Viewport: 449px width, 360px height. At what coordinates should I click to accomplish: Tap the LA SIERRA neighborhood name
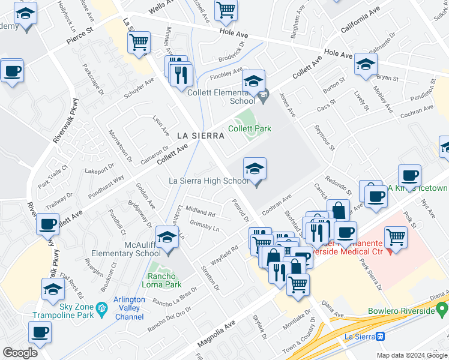pyautogui.click(x=200, y=136)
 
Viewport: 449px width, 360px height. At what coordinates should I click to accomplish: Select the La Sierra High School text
pyautogui.click(x=208, y=181)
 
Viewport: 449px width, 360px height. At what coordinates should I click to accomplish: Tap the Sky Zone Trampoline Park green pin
pyautogui.click(x=102, y=310)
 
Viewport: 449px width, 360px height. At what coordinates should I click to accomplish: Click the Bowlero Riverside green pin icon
pyautogui.click(x=442, y=310)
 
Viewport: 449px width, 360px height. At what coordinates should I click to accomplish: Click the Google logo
pyautogui.click(x=20, y=353)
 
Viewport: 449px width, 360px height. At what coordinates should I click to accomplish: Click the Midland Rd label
pyautogui.click(x=200, y=212)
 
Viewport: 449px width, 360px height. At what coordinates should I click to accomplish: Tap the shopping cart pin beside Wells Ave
pyautogui.click(x=226, y=10)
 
